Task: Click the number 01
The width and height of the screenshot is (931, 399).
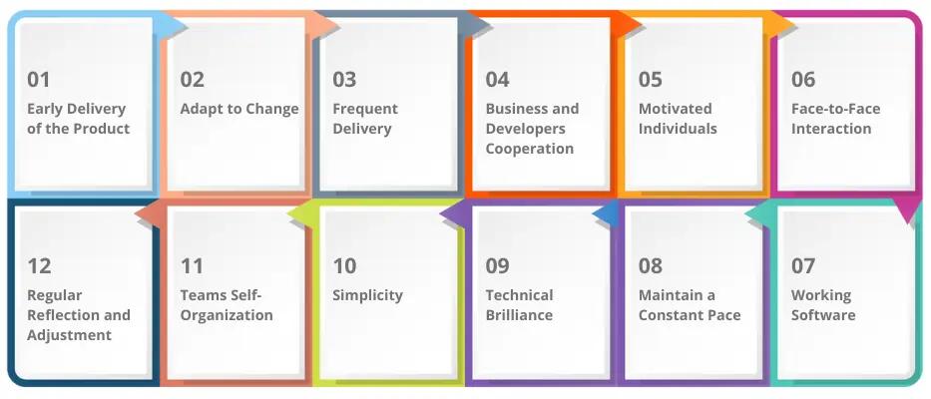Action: (39, 80)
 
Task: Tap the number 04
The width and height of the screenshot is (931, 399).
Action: (498, 80)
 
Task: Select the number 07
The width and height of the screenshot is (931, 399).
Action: (803, 266)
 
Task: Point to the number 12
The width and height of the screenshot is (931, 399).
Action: (39, 266)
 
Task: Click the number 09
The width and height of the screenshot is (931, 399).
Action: (498, 266)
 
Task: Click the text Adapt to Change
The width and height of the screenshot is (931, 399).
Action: (239, 109)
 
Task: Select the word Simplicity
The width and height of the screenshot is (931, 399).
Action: (367, 295)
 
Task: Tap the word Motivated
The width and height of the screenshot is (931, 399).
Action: (676, 109)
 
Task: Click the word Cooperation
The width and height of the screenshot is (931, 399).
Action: (530, 149)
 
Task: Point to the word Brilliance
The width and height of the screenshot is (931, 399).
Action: (519, 315)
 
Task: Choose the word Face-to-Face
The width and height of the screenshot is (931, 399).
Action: (836, 109)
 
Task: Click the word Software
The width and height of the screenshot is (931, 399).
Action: (823, 315)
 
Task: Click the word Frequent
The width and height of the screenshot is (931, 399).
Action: (365, 109)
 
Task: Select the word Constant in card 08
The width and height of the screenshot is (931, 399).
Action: (676, 315)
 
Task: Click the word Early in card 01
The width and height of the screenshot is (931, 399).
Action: (46, 109)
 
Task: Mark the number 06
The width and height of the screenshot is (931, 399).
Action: (803, 80)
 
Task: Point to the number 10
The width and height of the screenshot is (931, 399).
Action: (344, 266)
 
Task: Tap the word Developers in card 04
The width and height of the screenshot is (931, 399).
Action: (526, 129)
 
